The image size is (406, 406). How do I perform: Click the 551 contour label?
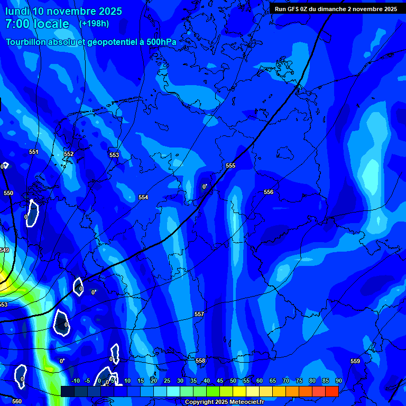click(x=34, y=152)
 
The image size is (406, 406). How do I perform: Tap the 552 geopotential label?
click(x=69, y=154)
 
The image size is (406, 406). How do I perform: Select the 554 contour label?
click(x=143, y=197)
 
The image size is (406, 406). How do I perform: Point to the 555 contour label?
click(x=230, y=165)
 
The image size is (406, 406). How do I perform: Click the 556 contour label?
click(x=269, y=192)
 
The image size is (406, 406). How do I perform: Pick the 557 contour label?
click(x=199, y=314)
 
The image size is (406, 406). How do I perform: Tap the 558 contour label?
click(x=200, y=361)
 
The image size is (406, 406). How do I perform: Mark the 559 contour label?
click(x=355, y=361)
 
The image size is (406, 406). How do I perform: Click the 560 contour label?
click(x=17, y=401)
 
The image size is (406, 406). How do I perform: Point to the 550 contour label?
click(x=8, y=193)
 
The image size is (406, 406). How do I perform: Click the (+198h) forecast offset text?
click(x=94, y=24)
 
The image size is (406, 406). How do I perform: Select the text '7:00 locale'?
click(x=37, y=24)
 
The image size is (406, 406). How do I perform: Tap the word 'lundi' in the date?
click(x=17, y=11)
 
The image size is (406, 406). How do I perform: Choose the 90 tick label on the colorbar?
click(x=338, y=381)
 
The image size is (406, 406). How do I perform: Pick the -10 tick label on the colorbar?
click(x=75, y=381)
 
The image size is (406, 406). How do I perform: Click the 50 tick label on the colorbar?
click(x=233, y=381)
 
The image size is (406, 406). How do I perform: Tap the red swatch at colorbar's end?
click(x=331, y=391)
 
